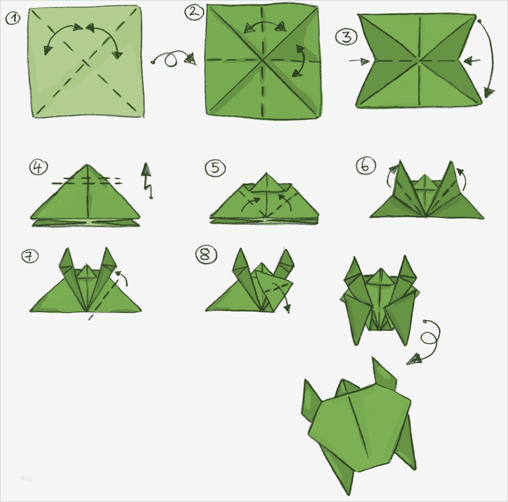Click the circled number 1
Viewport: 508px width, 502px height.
[x=13, y=19]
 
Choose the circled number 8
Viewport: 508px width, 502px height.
[x=205, y=255]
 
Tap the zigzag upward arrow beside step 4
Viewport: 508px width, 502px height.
[x=147, y=180]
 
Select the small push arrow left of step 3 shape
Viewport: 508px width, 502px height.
[x=359, y=61]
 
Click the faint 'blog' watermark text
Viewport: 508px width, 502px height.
[x=26, y=478]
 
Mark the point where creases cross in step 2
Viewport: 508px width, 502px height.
[x=262, y=60]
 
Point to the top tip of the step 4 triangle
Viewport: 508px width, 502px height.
[x=86, y=165]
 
